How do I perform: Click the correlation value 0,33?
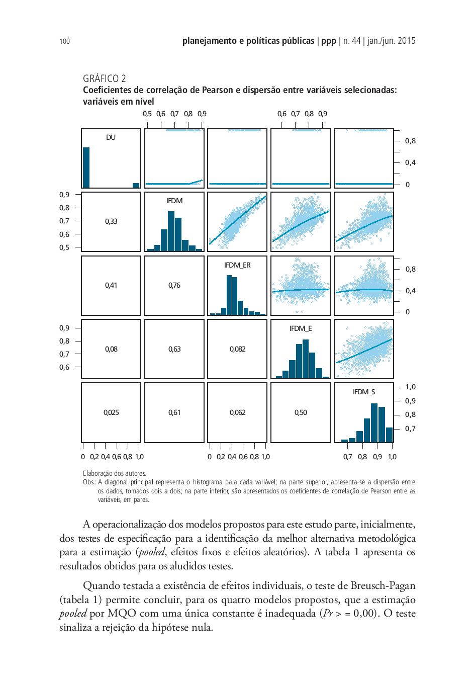pyautogui.click(x=111, y=221)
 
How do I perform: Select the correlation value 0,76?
pyautogui.click(x=174, y=285)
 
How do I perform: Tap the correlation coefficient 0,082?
pyautogui.click(x=237, y=349)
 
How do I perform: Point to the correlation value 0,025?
pyautogui.click(x=111, y=412)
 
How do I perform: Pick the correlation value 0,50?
pyautogui.click(x=301, y=412)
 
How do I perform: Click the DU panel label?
pyautogui.click(x=111, y=137)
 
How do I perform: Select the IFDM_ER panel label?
pyautogui.click(x=237, y=265)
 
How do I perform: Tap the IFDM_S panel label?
pyautogui.click(x=364, y=392)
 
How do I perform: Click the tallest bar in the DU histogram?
pyautogui.click(x=86, y=167)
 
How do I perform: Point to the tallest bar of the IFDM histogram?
pyautogui.click(x=171, y=231)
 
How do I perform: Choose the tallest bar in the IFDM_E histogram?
pyautogui.click(x=305, y=359)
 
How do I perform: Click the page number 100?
pyautogui.click(x=65, y=41)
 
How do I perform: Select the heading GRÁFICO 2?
pyautogui.click(x=104, y=78)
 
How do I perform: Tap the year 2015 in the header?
pyautogui.click(x=407, y=41)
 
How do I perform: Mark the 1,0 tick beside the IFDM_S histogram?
pyautogui.click(x=410, y=387)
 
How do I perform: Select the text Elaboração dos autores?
pyautogui.click(x=115, y=474)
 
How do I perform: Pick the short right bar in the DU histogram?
pyautogui.click(x=136, y=186)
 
